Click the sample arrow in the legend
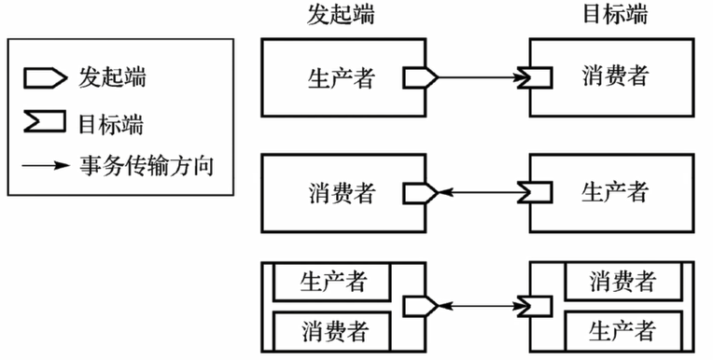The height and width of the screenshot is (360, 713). tap(47, 167)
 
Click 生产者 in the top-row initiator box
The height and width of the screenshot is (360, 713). tap(341, 77)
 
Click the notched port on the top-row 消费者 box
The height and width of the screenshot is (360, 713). tap(540, 77)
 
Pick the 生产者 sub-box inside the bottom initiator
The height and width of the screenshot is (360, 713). tap(333, 282)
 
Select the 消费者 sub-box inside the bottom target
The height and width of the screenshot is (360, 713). tap(622, 282)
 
